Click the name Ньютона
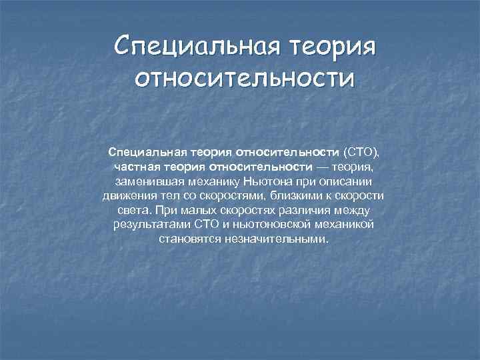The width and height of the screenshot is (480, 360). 267,181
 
